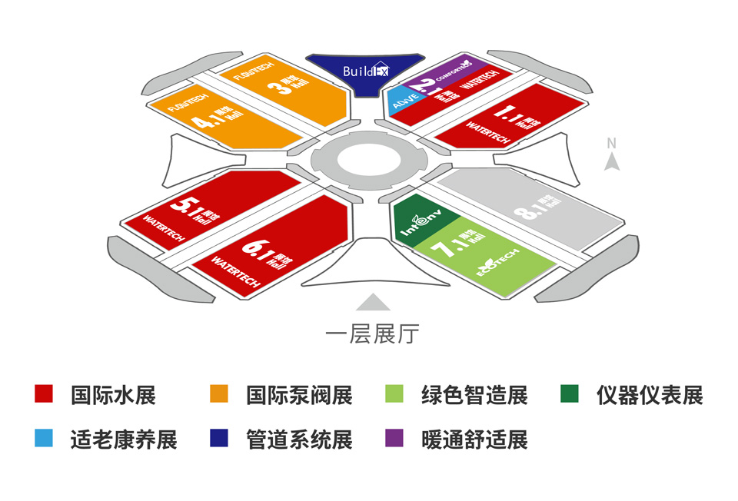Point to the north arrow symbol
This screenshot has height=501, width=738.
click(612, 161)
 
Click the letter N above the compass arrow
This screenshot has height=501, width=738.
click(612, 143)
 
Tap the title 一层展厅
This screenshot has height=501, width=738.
click(372, 334)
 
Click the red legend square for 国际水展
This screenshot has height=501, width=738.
click(44, 394)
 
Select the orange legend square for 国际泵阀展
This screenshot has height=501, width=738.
click(219, 394)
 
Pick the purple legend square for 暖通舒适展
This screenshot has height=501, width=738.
click(394, 439)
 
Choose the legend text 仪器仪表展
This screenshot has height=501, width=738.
click(650, 395)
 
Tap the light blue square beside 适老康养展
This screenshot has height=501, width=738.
click(44, 439)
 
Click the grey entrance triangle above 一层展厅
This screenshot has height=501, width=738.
click(372, 302)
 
